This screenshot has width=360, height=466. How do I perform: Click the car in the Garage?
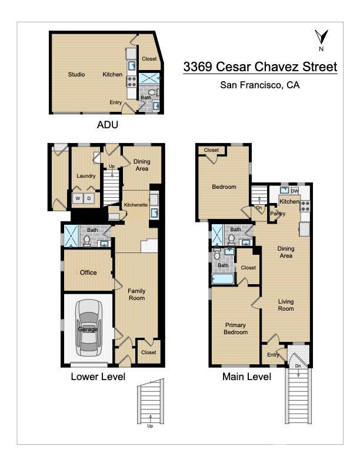click(88, 329)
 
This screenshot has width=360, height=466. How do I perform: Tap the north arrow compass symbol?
click(320, 40)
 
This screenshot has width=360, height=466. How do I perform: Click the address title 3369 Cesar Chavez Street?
click(260, 66)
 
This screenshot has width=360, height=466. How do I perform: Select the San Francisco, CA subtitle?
click(259, 85)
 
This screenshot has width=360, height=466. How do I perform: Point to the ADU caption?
click(107, 125)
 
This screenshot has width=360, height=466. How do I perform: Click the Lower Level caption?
click(98, 377)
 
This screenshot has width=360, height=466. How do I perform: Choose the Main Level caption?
click(246, 377)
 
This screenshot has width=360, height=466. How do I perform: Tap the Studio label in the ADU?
click(76, 75)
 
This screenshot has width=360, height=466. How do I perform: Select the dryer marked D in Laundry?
click(89, 198)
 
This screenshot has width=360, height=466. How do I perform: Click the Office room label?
click(88, 272)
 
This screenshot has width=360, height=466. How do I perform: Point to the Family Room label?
click(136, 295)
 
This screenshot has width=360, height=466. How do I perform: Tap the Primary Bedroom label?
click(235, 328)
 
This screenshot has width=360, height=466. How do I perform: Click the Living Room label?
click(286, 305)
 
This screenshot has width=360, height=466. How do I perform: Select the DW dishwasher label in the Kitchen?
click(295, 191)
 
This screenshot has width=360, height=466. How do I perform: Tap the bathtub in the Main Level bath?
click(224, 277)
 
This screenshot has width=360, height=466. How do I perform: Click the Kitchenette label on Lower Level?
click(135, 205)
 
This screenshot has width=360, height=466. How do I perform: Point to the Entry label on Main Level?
click(273, 355)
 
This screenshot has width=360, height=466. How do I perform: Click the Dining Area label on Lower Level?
click(142, 165)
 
